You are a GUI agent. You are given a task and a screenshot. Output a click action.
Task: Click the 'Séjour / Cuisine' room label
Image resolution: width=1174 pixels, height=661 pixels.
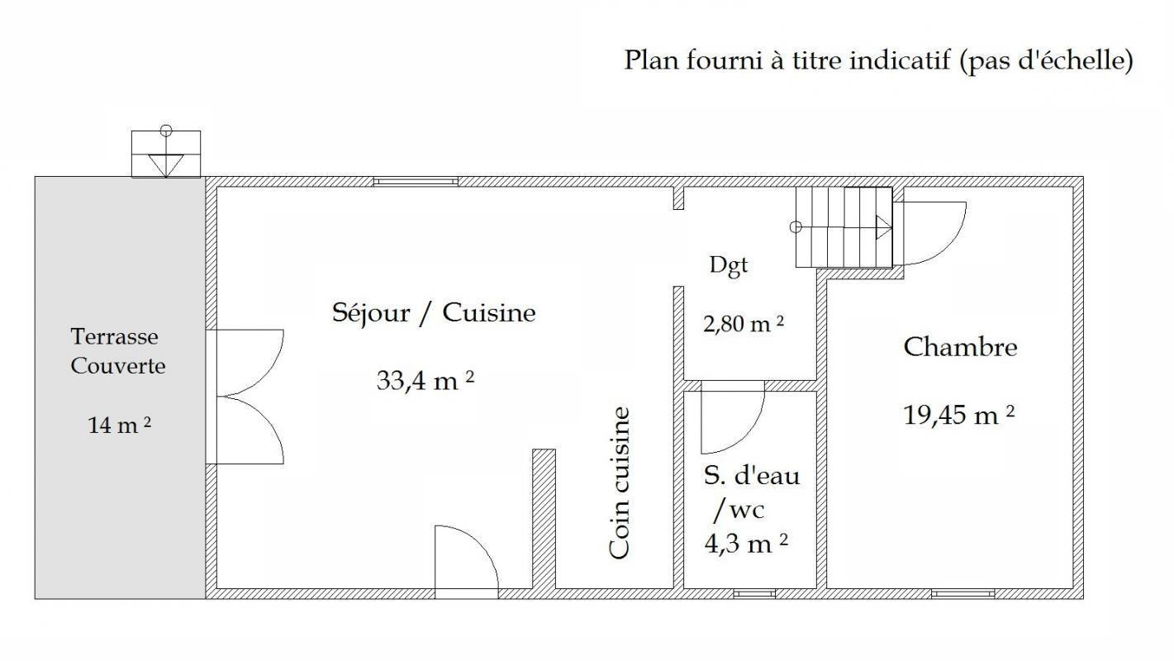[x=434, y=313]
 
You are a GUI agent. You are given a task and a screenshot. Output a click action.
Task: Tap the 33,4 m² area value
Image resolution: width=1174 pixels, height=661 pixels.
[x=425, y=381]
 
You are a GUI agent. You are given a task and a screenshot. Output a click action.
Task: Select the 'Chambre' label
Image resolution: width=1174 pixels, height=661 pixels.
[x=960, y=347]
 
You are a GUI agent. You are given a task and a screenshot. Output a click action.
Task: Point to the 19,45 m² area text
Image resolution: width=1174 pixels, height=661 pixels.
[x=958, y=415]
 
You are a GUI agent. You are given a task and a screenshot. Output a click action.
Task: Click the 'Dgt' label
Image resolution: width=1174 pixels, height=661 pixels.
[x=729, y=266]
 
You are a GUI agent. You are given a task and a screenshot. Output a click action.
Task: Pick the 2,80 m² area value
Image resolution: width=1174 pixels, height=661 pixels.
[x=744, y=325]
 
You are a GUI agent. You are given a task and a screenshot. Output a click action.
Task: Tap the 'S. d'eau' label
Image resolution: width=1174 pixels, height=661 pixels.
[x=752, y=476]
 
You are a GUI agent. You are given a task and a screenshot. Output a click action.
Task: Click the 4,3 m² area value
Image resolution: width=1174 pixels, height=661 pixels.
[x=746, y=544]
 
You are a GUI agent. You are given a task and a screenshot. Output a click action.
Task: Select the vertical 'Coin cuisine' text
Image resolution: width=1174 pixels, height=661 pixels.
[x=619, y=483]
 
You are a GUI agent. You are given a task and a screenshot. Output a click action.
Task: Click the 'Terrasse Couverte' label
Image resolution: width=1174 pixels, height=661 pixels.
[x=117, y=351]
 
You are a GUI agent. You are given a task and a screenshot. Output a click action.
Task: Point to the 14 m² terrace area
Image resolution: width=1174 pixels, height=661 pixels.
[x=120, y=426]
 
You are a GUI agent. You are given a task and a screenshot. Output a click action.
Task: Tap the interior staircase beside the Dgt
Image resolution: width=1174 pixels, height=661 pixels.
[x=844, y=227]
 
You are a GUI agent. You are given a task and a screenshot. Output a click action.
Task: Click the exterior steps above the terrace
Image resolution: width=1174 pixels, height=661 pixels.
[x=165, y=155]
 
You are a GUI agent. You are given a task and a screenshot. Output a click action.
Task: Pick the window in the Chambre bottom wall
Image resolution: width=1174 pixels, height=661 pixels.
[x=962, y=593]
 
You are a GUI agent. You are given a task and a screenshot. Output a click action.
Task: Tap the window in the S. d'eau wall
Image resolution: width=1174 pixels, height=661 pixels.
[x=754, y=593]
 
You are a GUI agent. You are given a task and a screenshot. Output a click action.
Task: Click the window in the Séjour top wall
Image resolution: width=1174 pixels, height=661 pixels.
[x=416, y=182]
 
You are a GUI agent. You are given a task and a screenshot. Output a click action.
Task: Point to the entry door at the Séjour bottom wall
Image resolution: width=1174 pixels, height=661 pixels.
[x=467, y=561]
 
